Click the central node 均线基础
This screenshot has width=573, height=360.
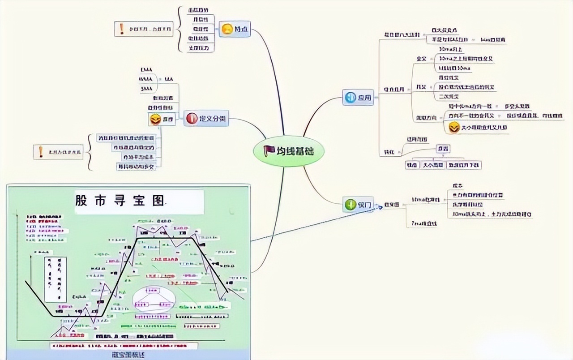tap(289, 151)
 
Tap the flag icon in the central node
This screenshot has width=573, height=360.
tap(269, 151)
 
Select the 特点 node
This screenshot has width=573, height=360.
tap(235, 30)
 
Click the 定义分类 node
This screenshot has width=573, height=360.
tap(206, 118)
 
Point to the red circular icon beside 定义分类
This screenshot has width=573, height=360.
tap(192, 118)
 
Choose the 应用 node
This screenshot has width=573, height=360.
tap(358, 98)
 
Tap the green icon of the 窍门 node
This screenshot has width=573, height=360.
tap(350, 205)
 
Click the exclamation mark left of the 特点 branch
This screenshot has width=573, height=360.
tap(122, 29)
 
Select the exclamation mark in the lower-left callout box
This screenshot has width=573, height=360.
tap(41, 152)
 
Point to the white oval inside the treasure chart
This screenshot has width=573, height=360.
tap(154, 300)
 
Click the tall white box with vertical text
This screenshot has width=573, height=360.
tap(56, 279)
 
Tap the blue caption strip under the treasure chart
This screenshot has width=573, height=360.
tap(128, 355)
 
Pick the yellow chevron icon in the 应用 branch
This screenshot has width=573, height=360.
tap(454, 127)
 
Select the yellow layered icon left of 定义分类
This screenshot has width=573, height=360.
tap(155, 120)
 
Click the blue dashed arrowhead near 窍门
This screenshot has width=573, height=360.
tap(380, 207)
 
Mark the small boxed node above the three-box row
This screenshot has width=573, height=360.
tap(443, 149)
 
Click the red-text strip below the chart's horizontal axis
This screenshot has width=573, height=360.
tap(124, 346)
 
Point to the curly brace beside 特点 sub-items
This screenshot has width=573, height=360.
tap(181, 29)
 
